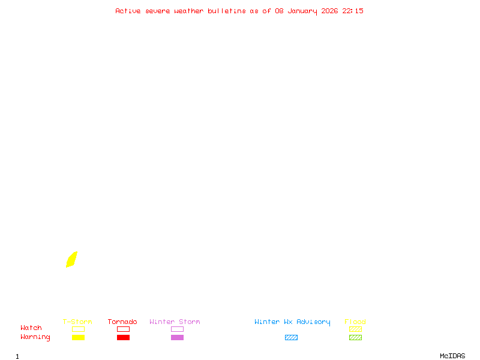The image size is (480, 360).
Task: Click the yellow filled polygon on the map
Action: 71,260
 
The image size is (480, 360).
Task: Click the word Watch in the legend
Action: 31,328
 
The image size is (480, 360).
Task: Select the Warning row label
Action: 35,337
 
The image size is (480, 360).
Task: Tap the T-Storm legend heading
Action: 77,322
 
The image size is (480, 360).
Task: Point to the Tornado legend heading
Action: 122,322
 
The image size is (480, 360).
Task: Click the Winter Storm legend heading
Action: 175,322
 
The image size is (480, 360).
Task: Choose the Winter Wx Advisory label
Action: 292,322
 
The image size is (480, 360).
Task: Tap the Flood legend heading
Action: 355,322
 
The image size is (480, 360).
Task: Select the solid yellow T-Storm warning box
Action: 79,337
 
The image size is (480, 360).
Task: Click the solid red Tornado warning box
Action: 124,337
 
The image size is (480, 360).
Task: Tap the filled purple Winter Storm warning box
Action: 177,337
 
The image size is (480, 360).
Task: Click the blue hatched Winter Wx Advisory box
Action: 291,337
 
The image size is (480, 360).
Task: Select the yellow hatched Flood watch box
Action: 355,329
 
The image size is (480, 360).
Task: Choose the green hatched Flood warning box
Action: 355,337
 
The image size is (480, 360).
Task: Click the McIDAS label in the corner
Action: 452,356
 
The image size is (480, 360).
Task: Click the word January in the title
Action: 302,11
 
